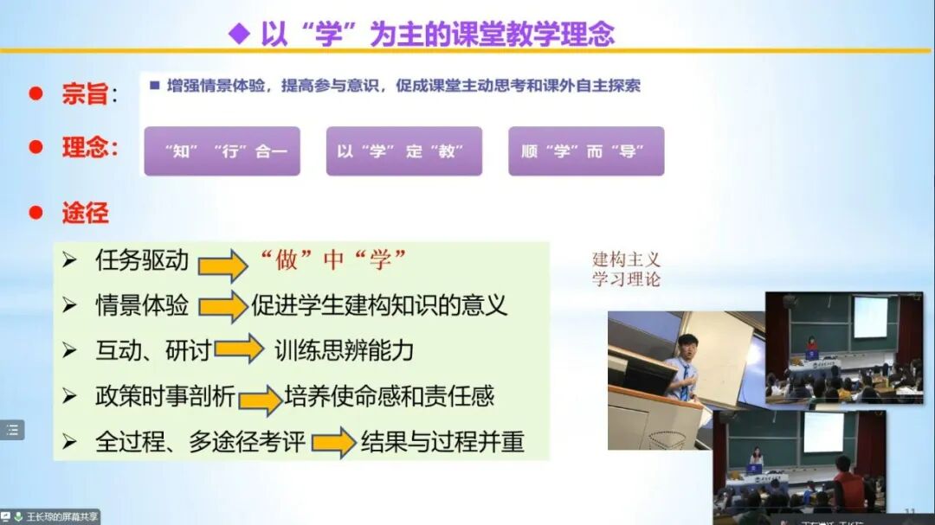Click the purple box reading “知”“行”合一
222,151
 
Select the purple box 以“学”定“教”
403,151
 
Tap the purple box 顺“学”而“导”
586,151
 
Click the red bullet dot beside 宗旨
35,93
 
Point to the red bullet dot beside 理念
35,147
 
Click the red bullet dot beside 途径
35,212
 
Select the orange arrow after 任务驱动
222,264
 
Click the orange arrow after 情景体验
222,306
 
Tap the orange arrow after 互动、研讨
239,349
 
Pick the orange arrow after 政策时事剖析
260,399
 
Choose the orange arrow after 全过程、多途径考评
334,442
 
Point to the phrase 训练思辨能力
344,349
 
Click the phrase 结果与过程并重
442,441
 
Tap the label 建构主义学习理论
626,269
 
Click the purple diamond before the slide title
238,34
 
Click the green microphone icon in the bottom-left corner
18,517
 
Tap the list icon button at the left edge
12,430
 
